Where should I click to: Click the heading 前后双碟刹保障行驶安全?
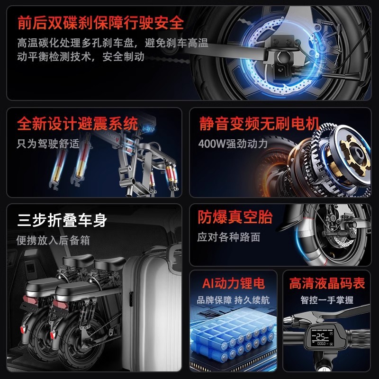pos(100,22)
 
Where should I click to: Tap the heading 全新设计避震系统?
pos(78,125)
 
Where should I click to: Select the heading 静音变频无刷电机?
pos(259,125)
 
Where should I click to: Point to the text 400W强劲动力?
pos(233,143)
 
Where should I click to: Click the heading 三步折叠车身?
pos(62,220)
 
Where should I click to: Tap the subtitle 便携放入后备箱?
pos(53,240)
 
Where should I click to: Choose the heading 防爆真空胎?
pos(235,217)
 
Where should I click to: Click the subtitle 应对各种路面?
pos(229,237)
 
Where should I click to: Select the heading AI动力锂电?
pos(234,283)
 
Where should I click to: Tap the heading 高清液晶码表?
pos(327,283)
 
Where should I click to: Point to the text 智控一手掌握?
pos(327,300)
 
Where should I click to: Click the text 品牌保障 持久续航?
pos(233,300)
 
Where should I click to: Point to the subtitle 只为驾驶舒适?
pos(48,143)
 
